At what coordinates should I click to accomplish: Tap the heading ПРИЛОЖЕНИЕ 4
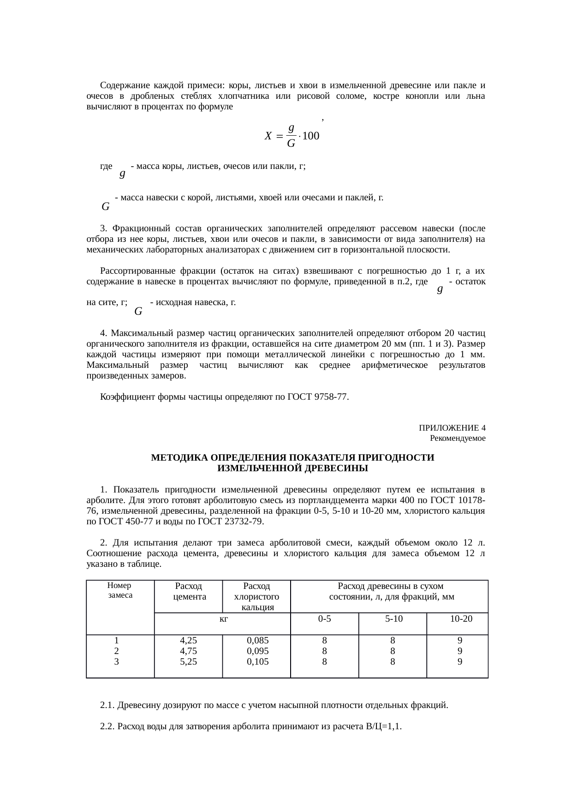click(452, 427)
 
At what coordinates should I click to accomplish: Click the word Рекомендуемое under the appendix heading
click(457, 438)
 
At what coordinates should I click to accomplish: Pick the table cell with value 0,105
click(258, 661)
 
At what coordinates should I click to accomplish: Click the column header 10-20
click(461, 618)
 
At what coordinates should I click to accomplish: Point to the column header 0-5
click(324, 618)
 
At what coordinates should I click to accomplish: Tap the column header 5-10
click(393, 618)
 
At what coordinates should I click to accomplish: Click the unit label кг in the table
click(223, 618)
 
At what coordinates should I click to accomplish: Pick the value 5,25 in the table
click(188, 661)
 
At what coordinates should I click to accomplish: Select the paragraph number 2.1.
click(107, 705)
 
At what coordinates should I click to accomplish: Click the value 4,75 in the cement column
click(188, 651)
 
